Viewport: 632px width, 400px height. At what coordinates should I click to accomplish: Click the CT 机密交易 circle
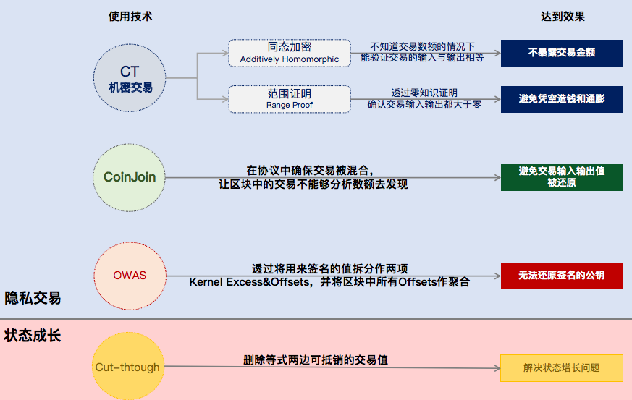point(130,77)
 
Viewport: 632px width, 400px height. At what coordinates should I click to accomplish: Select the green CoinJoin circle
point(130,177)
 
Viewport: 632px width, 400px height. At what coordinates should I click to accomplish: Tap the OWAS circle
point(130,276)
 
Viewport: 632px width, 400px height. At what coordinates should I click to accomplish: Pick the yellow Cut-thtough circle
point(128,366)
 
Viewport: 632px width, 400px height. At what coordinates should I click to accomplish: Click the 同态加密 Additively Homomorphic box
point(290,54)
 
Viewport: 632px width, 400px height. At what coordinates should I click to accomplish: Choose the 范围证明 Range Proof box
point(290,99)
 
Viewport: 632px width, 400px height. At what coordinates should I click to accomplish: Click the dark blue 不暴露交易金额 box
point(562,53)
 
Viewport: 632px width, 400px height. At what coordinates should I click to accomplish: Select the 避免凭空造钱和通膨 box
point(562,99)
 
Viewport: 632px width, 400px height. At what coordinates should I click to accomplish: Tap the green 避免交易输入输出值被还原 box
point(562,177)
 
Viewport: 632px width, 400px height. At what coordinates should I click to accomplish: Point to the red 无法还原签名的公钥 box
point(562,276)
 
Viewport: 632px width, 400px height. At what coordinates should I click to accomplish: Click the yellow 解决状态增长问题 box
point(562,367)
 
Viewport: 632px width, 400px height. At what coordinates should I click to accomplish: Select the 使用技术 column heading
point(130,17)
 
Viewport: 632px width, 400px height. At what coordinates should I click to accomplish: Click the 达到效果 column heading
point(563,17)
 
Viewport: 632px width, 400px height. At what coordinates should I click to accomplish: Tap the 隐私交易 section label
point(33,298)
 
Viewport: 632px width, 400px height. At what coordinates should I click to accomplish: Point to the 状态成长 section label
point(33,335)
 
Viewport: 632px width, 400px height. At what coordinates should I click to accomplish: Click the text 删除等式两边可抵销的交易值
point(316,359)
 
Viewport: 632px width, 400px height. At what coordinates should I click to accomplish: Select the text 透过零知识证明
point(424,93)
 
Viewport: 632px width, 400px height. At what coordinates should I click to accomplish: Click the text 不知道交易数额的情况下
point(422,47)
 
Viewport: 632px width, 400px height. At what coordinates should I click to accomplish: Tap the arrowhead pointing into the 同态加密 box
point(225,53)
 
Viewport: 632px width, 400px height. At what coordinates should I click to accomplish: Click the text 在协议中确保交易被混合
point(310,171)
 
